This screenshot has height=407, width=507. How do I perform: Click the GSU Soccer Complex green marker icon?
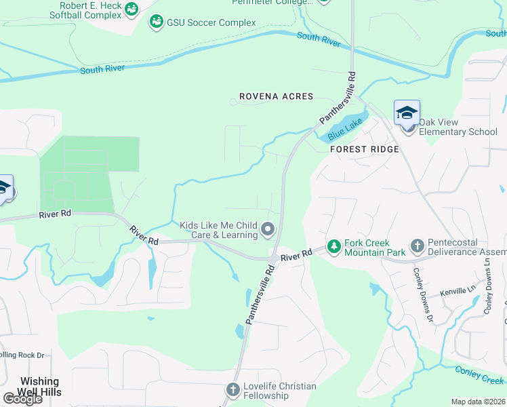coord(157,22)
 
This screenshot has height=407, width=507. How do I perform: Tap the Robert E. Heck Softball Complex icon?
coord(131,9)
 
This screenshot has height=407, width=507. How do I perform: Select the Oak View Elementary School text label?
coord(458,127)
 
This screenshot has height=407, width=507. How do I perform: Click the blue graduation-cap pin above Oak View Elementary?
coord(407,113)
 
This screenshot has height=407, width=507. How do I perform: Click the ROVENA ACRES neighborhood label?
coord(276,96)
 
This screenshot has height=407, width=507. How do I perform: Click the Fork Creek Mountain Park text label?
coord(375,248)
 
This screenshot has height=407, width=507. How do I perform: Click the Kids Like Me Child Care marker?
coord(268,230)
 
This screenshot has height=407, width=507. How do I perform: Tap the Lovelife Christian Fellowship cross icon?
coord(232,389)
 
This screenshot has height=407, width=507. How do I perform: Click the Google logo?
coord(22,399)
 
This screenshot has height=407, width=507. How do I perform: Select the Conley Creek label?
coord(479,374)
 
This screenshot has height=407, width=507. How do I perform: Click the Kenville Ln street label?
coord(459,291)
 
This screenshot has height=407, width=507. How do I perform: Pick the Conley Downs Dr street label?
coord(422,292)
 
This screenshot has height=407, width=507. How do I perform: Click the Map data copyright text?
coord(478,402)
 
